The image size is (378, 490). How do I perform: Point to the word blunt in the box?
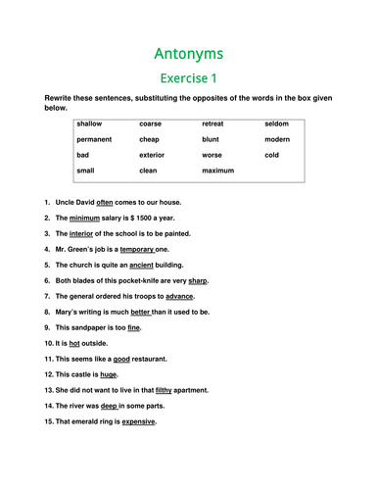pyautogui.click(x=211, y=139)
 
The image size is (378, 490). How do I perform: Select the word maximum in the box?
pyautogui.click(x=219, y=171)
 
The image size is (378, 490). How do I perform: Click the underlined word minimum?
pyautogui.click(x=86, y=218)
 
